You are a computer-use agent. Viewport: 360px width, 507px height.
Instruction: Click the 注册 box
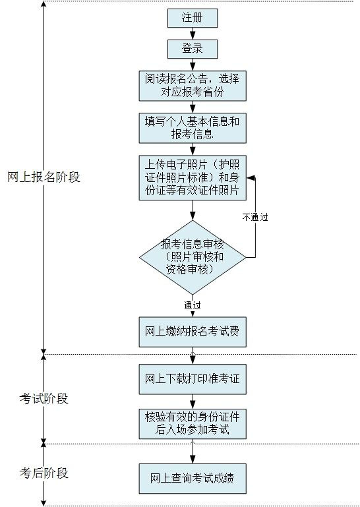(192, 18)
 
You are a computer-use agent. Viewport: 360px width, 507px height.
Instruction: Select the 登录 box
(192, 49)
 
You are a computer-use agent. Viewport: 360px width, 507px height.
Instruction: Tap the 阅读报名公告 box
(192, 86)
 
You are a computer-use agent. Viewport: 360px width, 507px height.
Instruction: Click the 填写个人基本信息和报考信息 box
(192, 128)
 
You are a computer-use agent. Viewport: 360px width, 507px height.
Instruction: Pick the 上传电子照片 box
(192, 177)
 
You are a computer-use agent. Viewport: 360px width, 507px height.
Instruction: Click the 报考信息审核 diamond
(192, 256)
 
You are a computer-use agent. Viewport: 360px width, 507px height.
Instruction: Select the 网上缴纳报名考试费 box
(192, 333)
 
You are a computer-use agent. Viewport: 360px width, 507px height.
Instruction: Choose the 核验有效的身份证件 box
(192, 423)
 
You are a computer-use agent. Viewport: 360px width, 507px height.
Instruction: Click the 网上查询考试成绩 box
(192, 478)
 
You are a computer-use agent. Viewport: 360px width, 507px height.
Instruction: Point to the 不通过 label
(255, 216)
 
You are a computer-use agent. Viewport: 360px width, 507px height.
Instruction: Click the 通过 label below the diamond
(193, 305)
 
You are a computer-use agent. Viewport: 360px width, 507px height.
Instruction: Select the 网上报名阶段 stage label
(44, 177)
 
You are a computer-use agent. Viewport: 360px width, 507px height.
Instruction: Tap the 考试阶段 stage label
(44, 399)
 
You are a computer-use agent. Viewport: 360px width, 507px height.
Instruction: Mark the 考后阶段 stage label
(44, 473)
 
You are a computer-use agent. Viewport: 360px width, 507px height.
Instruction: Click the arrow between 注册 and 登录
(192, 34)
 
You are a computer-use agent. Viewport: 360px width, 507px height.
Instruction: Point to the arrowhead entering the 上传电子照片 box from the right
(250, 177)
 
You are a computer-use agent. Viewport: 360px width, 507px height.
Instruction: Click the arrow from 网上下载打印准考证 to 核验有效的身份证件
(192, 401)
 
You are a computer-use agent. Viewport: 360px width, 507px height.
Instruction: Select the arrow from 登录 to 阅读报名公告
(192, 64)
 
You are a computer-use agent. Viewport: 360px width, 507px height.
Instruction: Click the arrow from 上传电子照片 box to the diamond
(192, 210)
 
